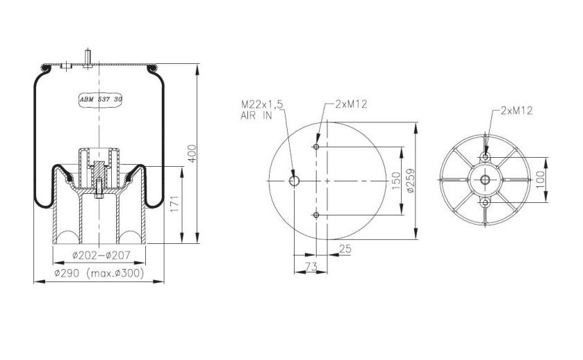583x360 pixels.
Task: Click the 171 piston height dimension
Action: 176,204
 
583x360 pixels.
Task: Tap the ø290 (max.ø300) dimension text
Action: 99,274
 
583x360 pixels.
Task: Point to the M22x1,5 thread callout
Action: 262,104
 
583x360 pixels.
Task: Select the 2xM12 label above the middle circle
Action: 350,104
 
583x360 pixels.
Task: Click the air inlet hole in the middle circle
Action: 294,181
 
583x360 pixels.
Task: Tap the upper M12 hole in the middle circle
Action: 316,147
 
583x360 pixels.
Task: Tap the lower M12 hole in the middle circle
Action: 316,215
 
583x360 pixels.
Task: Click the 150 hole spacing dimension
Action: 396,181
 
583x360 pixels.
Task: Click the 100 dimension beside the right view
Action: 540,179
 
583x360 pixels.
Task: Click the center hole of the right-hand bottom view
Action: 484,181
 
